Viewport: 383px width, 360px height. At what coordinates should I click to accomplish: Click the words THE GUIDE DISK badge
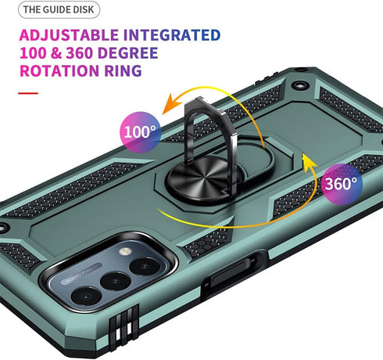(59, 9)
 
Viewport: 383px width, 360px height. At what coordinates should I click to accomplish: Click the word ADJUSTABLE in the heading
(69, 35)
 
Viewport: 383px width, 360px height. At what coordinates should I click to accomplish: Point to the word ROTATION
(59, 70)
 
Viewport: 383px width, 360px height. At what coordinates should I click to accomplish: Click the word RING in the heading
(123, 70)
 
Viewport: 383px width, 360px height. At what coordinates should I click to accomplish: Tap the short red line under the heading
(28, 93)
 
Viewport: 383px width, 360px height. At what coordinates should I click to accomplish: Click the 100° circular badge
(141, 132)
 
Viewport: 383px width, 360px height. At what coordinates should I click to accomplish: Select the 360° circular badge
(342, 184)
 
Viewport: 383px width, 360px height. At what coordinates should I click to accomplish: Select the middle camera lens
(116, 281)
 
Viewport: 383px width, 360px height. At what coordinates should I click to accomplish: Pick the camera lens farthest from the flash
(86, 296)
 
